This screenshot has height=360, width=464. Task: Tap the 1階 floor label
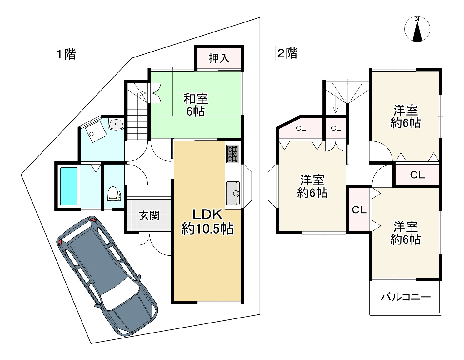(65, 54)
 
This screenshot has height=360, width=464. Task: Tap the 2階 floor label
(287, 53)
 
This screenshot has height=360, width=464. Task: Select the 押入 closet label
(219, 58)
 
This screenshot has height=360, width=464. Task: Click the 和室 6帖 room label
(196, 105)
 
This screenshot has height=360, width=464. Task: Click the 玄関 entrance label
(149, 215)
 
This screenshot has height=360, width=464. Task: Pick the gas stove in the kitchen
(232, 154)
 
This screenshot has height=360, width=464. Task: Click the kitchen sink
(232, 193)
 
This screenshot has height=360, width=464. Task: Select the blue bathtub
(68, 186)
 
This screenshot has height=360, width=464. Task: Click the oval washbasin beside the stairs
(116, 124)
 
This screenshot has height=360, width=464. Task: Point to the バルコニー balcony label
(405, 297)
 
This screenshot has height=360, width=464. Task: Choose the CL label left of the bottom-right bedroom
(359, 210)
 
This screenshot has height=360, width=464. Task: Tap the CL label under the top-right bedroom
(417, 175)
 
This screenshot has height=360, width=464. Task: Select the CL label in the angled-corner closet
(301, 128)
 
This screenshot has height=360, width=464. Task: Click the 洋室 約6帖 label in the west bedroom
(312, 186)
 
